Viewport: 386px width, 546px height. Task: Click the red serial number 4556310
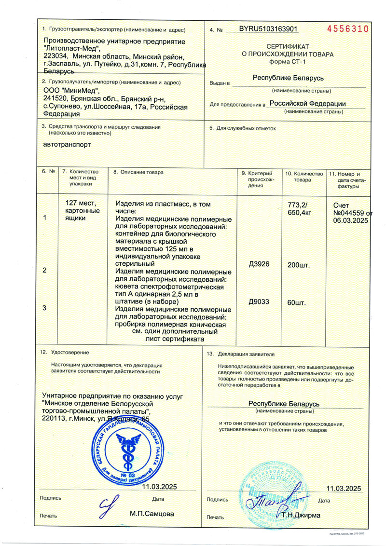click(x=347, y=29)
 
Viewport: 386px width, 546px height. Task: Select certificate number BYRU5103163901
click(x=268, y=29)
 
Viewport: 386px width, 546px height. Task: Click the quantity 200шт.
click(x=298, y=265)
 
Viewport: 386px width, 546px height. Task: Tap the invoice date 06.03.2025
click(x=350, y=220)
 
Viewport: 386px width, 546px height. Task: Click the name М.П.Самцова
click(x=152, y=514)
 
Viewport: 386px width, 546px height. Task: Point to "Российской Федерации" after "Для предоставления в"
click(x=307, y=103)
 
